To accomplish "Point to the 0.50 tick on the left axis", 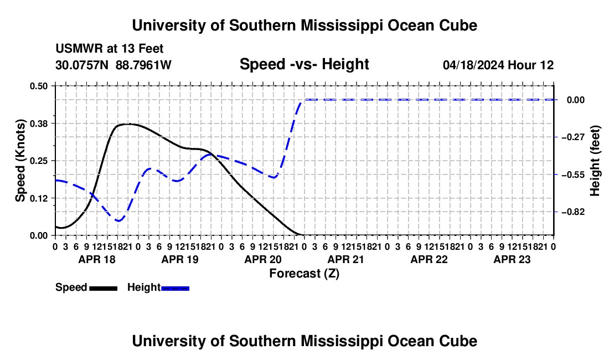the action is (38, 86).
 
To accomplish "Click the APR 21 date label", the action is (345, 259).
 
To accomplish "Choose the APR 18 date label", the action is (97, 259).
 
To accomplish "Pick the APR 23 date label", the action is (512, 259).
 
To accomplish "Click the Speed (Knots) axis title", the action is (20, 161).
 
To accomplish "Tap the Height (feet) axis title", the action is (595, 161).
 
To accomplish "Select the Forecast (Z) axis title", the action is (304, 274).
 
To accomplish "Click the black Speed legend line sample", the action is (104, 288).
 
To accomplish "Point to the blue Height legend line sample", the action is (175, 288).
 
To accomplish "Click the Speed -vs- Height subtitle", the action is (304, 64).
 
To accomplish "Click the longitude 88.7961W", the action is (143, 65).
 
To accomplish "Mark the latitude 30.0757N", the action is (82, 65).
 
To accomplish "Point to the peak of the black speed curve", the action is (127, 124).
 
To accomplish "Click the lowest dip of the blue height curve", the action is (118, 221).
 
